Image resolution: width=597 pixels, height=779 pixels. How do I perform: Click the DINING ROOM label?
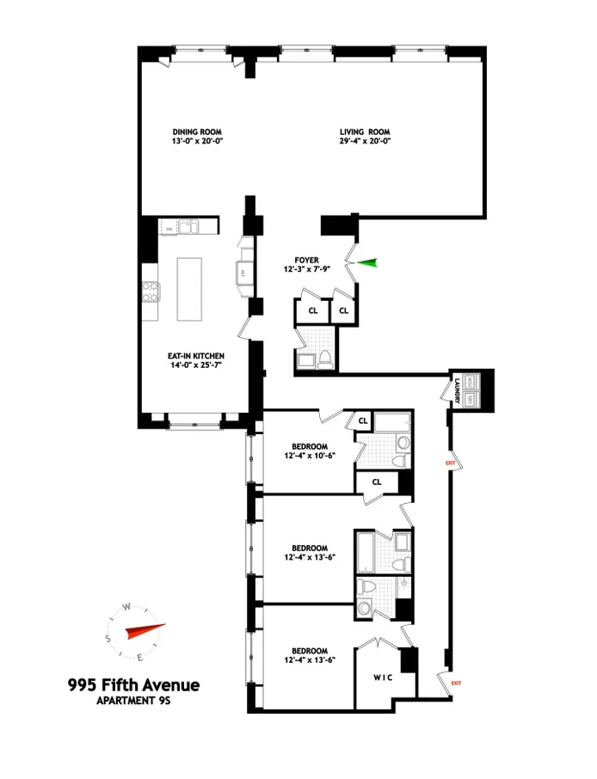coord(197,132)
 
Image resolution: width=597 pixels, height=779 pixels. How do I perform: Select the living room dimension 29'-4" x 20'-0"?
coord(364,143)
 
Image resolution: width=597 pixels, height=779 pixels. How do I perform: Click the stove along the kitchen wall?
coord(151,293)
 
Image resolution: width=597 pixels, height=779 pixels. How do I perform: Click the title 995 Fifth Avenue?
coord(133,685)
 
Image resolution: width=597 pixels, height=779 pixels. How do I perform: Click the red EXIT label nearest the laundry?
coord(449,463)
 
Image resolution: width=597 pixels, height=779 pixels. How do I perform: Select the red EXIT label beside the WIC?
coord(456,684)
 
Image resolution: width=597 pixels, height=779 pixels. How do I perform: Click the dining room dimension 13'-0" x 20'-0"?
coord(197,143)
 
